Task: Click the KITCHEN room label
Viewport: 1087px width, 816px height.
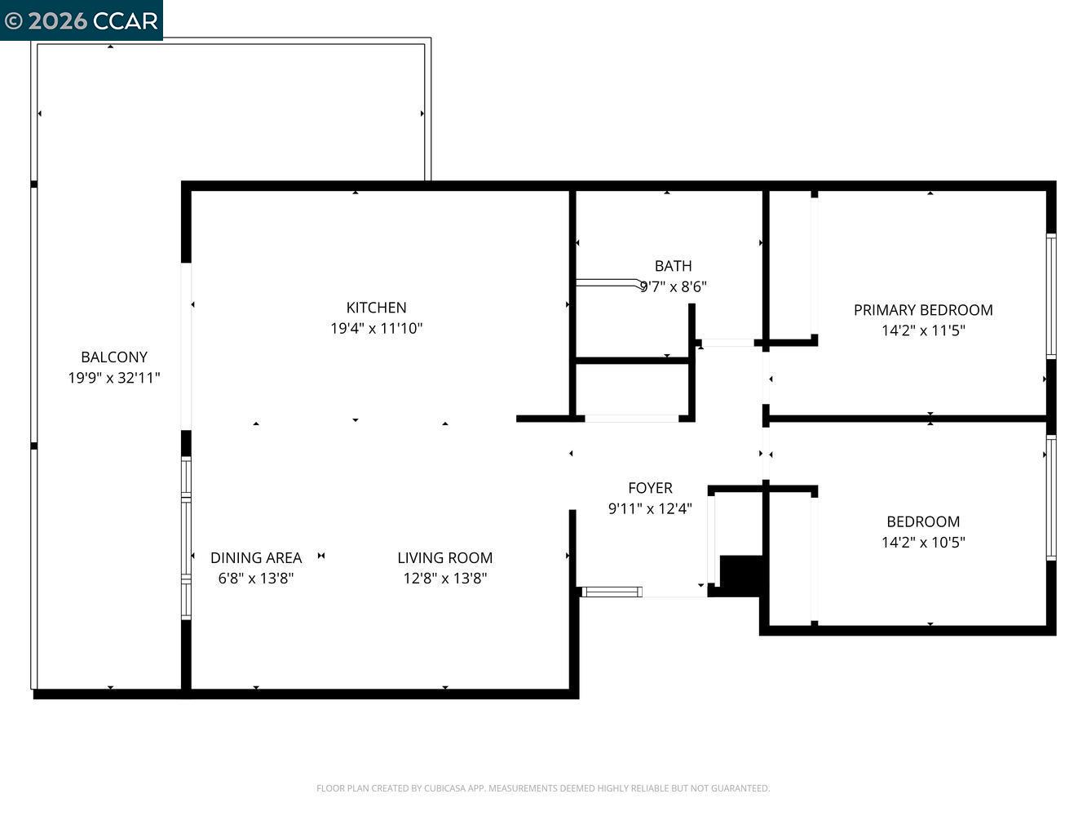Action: (x=376, y=308)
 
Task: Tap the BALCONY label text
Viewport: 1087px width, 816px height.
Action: (x=114, y=357)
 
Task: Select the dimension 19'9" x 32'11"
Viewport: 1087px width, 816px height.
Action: (x=114, y=378)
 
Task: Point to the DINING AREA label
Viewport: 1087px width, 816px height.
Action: (x=256, y=558)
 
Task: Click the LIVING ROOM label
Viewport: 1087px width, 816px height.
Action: (x=444, y=558)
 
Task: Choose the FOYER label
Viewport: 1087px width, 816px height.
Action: (x=650, y=488)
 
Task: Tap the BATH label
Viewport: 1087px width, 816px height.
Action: (x=673, y=266)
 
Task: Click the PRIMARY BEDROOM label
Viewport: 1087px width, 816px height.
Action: (x=923, y=310)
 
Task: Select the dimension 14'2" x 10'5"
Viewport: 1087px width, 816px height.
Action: (x=923, y=542)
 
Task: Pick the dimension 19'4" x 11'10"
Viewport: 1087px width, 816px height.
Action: (x=376, y=329)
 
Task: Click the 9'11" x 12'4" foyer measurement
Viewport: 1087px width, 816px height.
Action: (x=650, y=509)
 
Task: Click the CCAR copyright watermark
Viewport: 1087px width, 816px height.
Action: (x=81, y=20)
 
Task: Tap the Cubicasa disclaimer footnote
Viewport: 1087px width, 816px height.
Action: (x=543, y=788)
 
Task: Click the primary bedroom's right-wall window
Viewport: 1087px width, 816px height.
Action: (x=1051, y=296)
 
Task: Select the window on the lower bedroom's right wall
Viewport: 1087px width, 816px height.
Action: (x=1051, y=498)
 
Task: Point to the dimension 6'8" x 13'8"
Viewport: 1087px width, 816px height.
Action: (x=256, y=579)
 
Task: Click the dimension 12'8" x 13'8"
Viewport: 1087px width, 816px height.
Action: (x=444, y=579)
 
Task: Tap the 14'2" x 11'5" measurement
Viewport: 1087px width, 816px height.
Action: (x=923, y=330)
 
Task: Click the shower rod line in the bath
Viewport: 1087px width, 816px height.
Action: (x=608, y=283)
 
